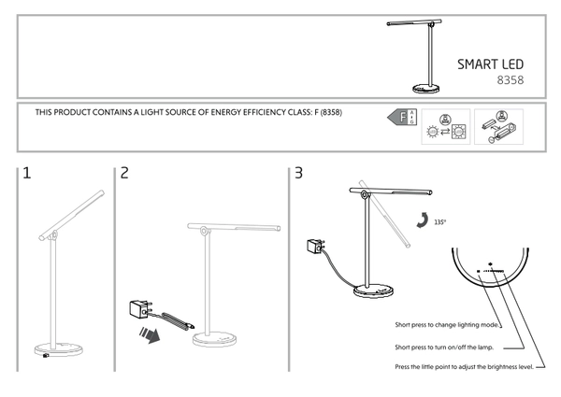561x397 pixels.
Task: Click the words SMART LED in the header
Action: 490,64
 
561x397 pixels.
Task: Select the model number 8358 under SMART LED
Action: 509,81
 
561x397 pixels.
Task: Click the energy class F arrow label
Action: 400,118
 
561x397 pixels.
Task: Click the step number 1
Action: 27,173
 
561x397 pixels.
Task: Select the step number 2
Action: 123,173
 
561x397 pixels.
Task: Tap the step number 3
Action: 298,173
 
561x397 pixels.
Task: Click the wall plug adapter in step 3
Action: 315,248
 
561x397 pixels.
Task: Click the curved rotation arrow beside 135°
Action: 423,220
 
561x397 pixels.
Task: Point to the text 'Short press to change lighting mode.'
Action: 447,324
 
